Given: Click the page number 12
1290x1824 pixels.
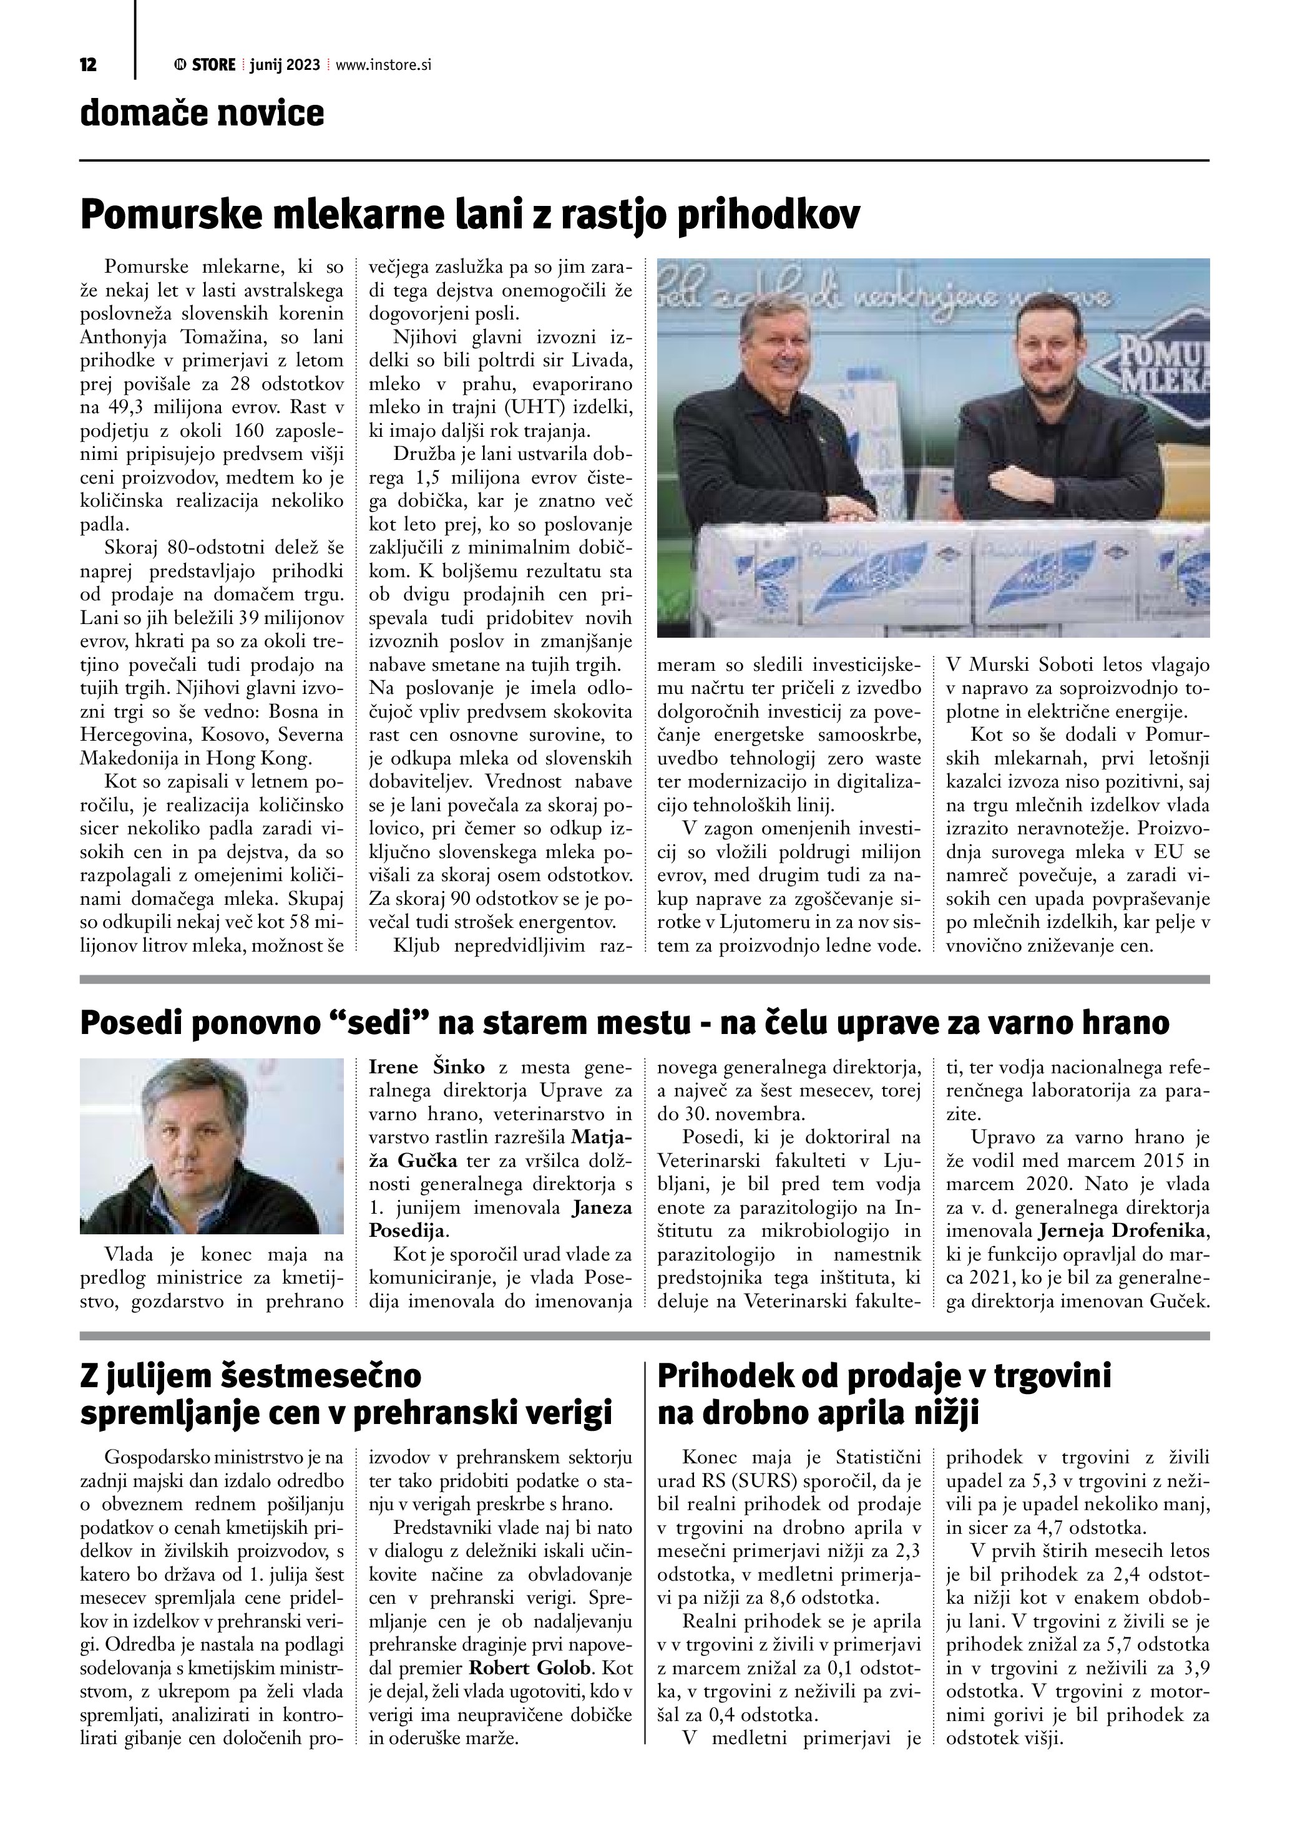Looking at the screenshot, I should coord(88,65).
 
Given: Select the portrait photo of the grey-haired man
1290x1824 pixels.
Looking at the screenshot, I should coord(212,1146).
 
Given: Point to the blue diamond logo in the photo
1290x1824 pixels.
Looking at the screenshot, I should coord(1165,364).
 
